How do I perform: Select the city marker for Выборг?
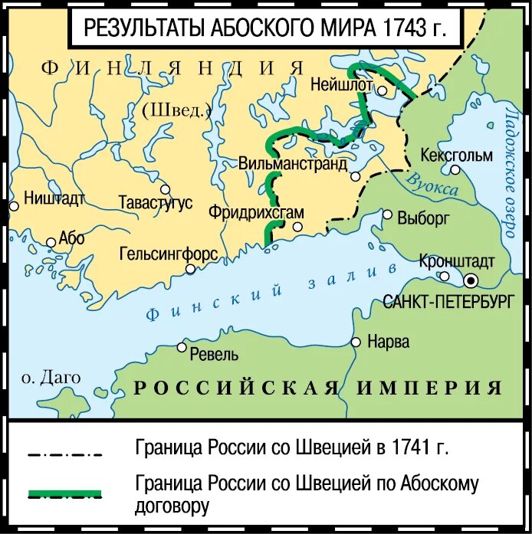388,215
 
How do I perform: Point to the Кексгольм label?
457,156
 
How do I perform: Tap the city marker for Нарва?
356,342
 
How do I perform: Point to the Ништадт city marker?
13,205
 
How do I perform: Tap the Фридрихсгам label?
255,213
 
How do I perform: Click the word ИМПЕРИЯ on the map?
429,388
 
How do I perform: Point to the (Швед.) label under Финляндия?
176,110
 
